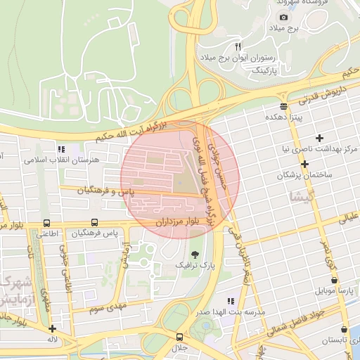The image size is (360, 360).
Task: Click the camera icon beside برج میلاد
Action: [283, 17]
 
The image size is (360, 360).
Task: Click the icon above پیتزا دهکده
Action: [283, 106]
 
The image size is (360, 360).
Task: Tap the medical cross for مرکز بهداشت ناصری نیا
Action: [321, 138]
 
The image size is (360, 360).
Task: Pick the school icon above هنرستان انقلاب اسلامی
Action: [61, 149]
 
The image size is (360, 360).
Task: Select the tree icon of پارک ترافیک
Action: [194, 254]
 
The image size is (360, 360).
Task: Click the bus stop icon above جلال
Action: [180, 336]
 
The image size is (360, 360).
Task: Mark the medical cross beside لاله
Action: [52, 328]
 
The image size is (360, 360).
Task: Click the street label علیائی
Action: [349, 218]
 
